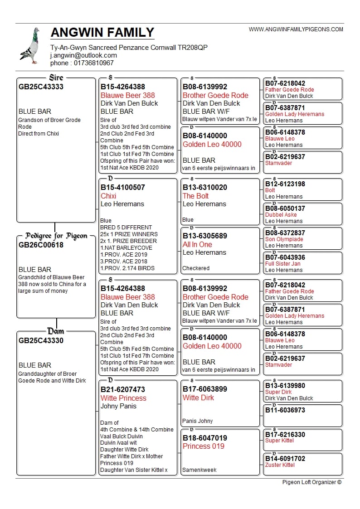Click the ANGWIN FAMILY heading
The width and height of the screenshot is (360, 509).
[x=102, y=33]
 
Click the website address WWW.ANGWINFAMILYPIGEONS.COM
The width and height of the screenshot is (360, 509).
[x=296, y=29]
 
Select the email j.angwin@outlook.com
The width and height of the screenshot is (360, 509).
[x=83, y=55]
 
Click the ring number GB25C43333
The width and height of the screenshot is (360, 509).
[x=41, y=87]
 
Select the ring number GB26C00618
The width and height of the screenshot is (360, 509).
[x=41, y=245]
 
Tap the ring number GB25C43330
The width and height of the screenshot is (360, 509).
[x=41, y=340]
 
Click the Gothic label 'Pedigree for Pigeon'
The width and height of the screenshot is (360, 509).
[x=56, y=236]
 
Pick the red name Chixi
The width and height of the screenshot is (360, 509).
[x=108, y=196]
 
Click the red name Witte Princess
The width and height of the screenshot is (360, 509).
[x=123, y=398]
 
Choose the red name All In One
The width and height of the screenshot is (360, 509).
[x=197, y=244]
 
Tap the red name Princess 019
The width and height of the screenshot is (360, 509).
[x=204, y=446]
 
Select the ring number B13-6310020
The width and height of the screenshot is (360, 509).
[x=205, y=187]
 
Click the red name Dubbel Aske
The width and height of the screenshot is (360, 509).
[x=281, y=215]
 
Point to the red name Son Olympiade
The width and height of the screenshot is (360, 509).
[x=284, y=239]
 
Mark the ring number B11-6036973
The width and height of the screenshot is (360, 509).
[x=285, y=410]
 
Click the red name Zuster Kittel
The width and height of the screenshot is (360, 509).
[x=280, y=465]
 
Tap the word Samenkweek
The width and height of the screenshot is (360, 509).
[x=199, y=470]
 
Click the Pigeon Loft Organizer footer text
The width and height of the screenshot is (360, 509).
[x=311, y=482]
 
